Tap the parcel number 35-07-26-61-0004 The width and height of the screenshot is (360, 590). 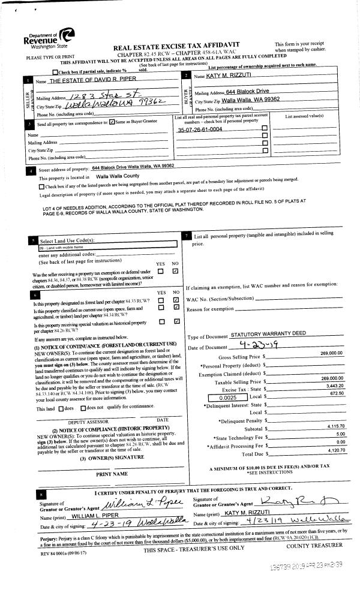[x=200, y=130]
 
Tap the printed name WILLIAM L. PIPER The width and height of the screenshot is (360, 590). [x=95, y=516]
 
